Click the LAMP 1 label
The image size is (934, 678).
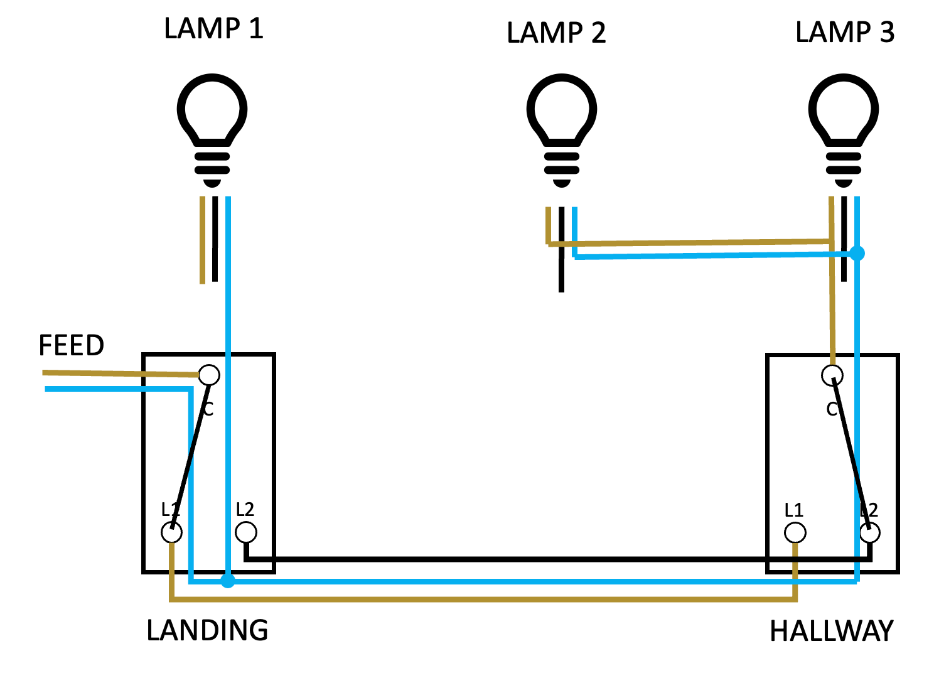(213, 29)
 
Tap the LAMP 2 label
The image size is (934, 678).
(556, 33)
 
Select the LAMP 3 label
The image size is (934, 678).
(845, 32)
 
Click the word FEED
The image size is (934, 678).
(72, 345)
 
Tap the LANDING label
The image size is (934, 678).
(207, 630)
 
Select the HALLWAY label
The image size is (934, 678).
(832, 631)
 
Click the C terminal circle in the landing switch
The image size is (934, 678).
(209, 375)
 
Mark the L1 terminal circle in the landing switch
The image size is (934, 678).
(171, 532)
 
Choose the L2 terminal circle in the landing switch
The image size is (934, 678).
(246, 532)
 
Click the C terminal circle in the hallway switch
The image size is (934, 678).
(832, 375)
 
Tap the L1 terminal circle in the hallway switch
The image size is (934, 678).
(795, 532)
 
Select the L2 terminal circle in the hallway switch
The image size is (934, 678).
(869, 532)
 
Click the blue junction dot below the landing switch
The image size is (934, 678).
(228, 581)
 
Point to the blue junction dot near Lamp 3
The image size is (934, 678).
(857, 254)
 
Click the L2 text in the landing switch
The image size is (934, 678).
(245, 509)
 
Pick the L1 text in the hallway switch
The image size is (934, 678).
(794, 510)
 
